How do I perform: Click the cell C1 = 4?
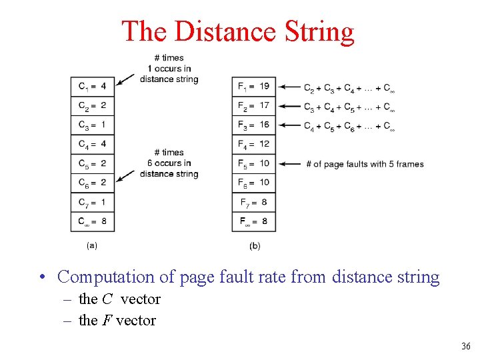point(92,86)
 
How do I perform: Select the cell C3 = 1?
point(92,125)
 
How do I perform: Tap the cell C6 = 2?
point(92,183)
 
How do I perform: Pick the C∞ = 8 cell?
point(92,221)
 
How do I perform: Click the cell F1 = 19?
point(254,86)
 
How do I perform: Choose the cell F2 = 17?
point(254,105)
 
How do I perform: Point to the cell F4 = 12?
point(254,144)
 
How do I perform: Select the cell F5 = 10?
point(254,163)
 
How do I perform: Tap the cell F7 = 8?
point(254,202)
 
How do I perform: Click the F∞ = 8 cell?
point(254,221)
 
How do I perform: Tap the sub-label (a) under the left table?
point(92,245)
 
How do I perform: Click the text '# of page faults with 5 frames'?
point(365,164)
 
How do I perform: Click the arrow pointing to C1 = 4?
point(125,81)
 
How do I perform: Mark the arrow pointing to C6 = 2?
point(125,176)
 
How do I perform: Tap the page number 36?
point(465,346)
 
